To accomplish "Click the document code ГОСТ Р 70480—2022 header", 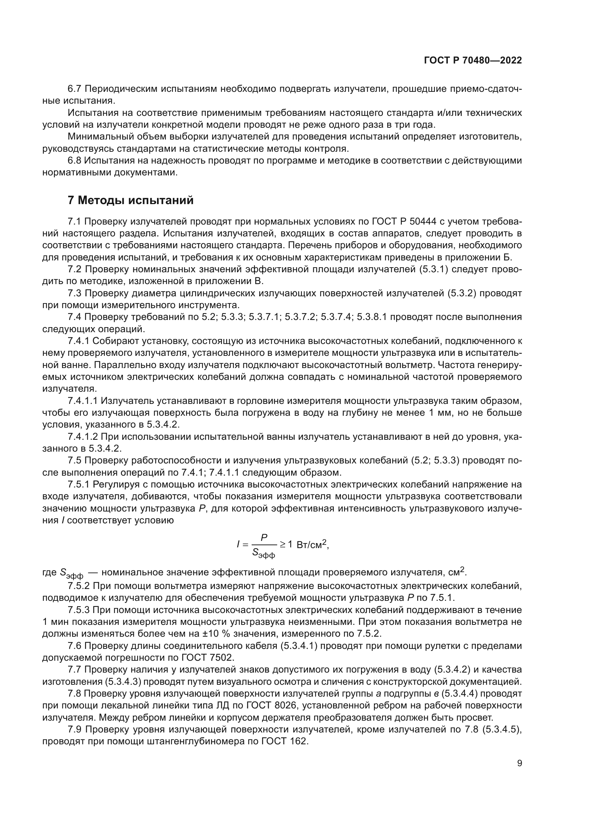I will click(473, 61).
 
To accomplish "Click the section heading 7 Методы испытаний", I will click(131, 200).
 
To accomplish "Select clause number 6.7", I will click(76, 89).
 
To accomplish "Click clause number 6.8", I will click(76, 160).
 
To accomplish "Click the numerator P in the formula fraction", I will click(264, 537).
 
